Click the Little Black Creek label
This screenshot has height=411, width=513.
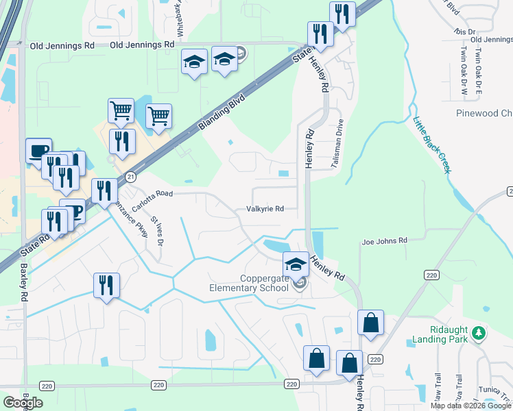coord(431,145)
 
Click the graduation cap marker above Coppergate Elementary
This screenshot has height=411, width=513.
coord(296,263)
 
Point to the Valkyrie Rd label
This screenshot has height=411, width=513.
coord(265,210)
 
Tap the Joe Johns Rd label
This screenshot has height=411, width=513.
coord(384,241)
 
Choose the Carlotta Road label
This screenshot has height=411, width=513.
coord(152,199)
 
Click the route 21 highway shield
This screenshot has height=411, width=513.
coord(130,177)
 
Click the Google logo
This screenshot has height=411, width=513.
coord(23,402)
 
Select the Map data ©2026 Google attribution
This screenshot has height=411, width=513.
coord(470,406)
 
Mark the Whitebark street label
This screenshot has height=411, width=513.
coord(180,18)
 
